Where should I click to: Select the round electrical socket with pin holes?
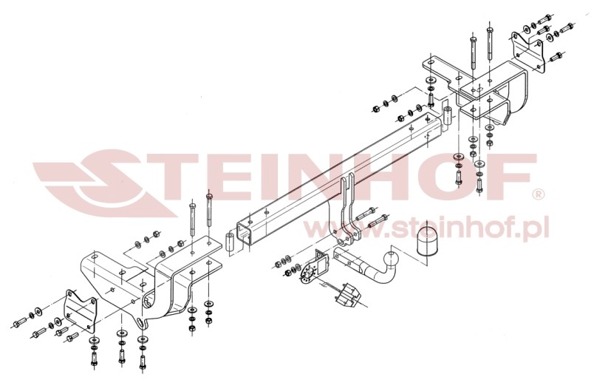(307, 274)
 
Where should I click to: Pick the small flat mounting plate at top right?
(528, 52)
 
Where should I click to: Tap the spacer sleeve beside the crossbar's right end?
(448, 116)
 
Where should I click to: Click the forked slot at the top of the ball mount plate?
(347, 185)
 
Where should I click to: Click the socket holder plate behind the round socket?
(321, 262)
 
